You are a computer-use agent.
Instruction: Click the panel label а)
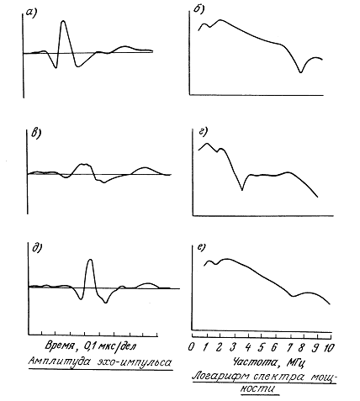(31, 12)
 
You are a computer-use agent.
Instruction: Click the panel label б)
(199, 9)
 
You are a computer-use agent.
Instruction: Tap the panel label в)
(36, 133)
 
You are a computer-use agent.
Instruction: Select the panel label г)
(203, 131)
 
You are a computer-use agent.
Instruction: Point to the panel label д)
(37, 248)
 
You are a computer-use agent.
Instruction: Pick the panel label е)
(202, 247)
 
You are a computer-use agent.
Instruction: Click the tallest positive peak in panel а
(63, 21)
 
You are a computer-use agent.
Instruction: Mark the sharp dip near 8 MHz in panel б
(301, 72)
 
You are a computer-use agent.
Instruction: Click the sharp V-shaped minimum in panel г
(242, 190)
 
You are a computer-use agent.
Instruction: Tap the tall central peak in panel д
(90, 260)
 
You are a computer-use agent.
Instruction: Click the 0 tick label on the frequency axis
(191, 347)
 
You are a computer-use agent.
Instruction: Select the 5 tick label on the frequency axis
(261, 347)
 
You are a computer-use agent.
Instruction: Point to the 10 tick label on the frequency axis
(329, 348)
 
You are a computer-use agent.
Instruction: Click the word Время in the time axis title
(60, 346)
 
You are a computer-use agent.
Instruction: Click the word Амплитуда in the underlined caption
(59, 361)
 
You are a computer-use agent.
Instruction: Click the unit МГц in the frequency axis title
(296, 363)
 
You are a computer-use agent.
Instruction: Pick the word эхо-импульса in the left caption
(134, 362)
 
